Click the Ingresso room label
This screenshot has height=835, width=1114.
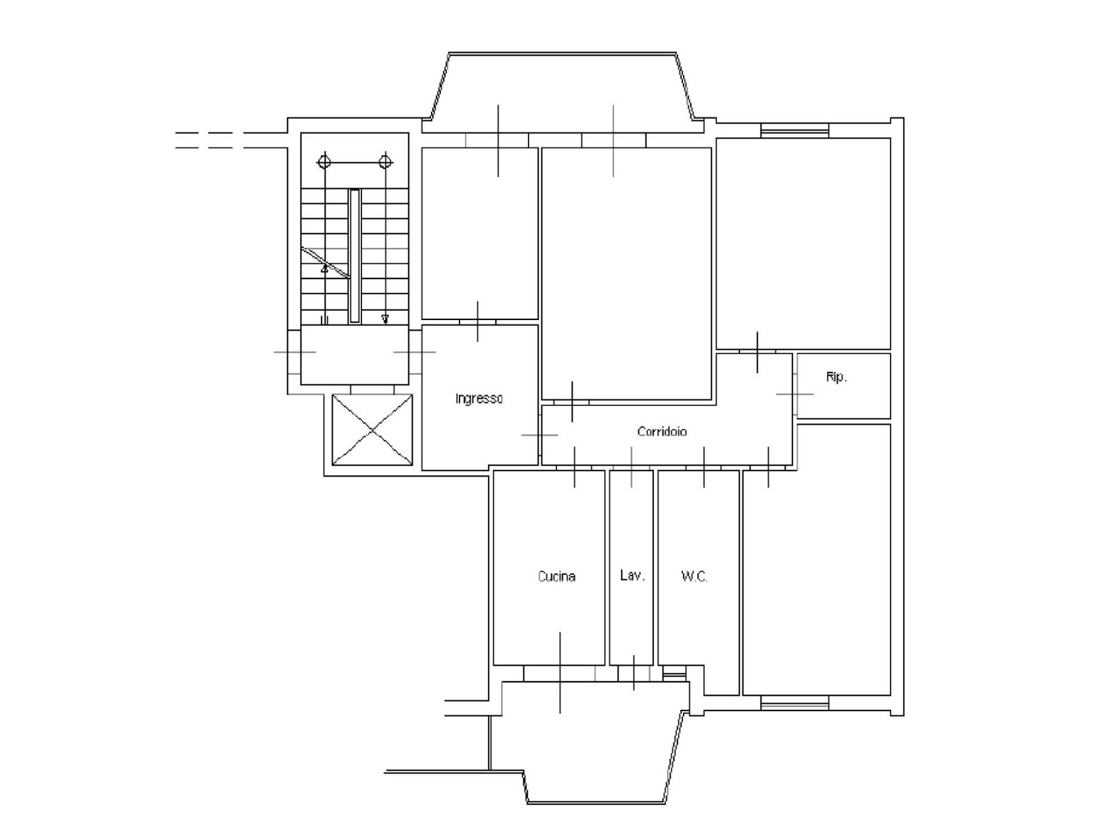click(478, 399)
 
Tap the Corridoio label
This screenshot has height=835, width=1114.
click(662, 431)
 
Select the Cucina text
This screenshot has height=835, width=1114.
click(556, 576)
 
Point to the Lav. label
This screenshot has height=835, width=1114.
click(632, 575)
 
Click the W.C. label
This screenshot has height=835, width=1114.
click(694, 576)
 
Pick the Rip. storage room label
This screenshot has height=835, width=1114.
click(836, 377)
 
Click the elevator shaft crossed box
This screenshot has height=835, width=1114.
click(372, 430)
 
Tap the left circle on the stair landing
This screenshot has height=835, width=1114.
click(324, 162)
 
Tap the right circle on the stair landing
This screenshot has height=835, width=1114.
click(386, 162)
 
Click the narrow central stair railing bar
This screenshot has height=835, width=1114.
click(354, 256)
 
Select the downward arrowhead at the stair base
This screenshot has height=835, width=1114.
click(385, 319)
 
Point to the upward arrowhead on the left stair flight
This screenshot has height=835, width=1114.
click(325, 269)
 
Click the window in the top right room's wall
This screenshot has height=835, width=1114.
click(795, 131)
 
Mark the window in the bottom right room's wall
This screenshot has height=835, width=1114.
click(795, 703)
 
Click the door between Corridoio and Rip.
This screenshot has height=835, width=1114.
click(795, 394)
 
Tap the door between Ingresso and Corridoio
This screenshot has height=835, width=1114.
click(540, 435)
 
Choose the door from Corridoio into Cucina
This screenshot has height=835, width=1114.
click(574, 468)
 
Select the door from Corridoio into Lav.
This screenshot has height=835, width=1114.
click(631, 468)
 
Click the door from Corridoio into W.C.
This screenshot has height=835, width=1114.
click(704, 468)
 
